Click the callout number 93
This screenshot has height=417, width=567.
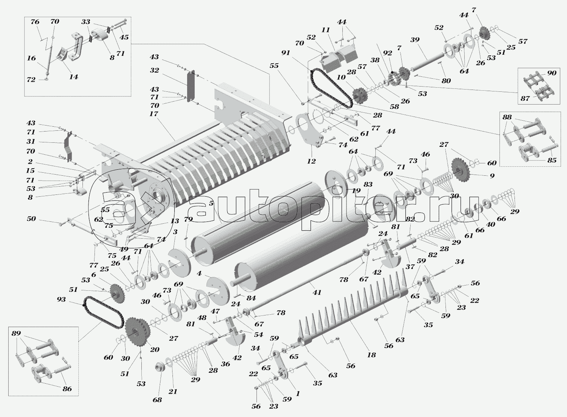61,299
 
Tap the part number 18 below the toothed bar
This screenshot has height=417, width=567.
371,355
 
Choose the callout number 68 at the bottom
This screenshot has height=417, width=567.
157,400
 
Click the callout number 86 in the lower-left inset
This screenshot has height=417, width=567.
67,389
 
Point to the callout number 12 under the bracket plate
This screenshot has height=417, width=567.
311,161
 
